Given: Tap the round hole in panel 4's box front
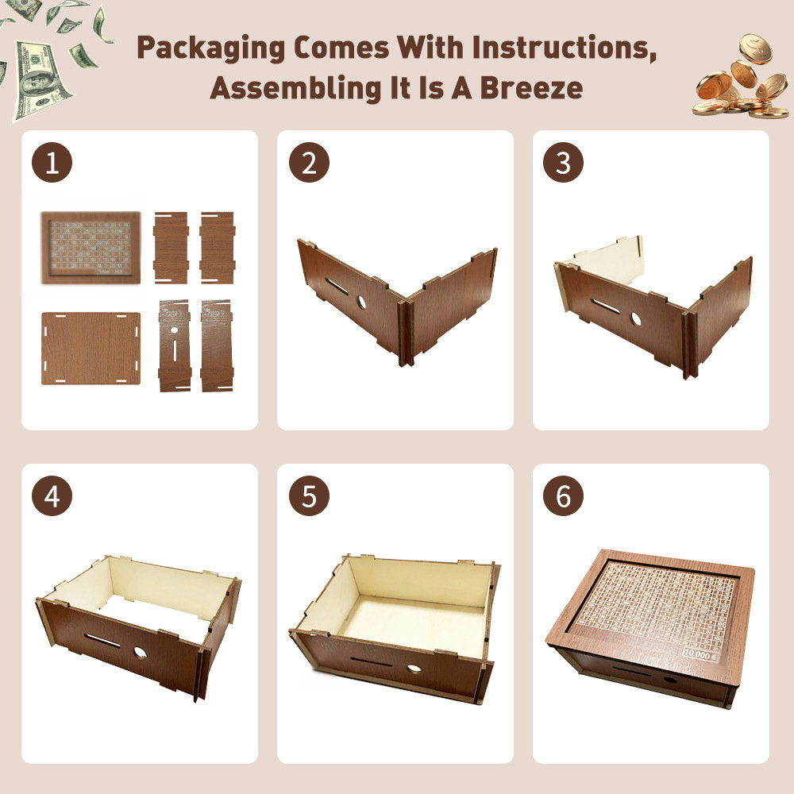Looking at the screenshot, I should [x=140, y=653].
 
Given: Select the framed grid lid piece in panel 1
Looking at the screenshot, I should [x=91, y=247].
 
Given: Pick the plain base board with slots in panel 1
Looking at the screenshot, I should [x=91, y=348].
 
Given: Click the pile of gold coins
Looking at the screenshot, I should [x=742, y=79].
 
